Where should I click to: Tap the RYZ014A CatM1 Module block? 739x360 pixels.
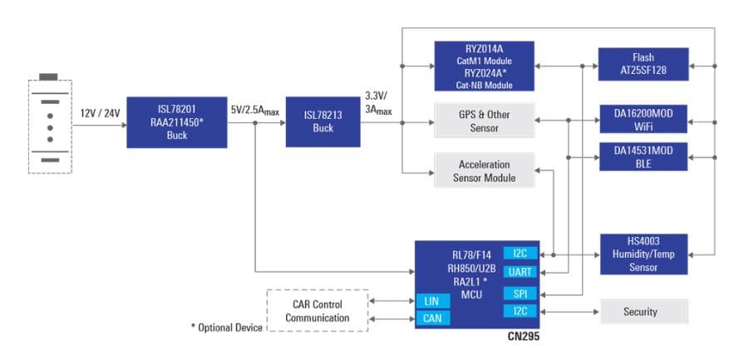(483, 66)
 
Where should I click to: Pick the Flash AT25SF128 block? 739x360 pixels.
(643, 65)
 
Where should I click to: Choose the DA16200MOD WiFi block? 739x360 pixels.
(643, 118)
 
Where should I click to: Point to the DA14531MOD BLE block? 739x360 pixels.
(643, 156)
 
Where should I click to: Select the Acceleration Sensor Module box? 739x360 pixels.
(483, 171)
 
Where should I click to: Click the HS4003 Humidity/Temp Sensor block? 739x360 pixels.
(643, 254)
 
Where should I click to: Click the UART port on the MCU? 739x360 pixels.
(520, 273)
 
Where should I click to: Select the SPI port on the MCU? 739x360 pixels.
(520, 293)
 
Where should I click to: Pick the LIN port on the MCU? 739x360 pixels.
(432, 300)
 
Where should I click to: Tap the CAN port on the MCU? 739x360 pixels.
(432, 317)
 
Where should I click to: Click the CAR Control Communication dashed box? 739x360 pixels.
(317, 310)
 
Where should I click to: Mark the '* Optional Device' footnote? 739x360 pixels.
(226, 328)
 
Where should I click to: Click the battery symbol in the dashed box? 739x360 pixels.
(50, 126)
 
